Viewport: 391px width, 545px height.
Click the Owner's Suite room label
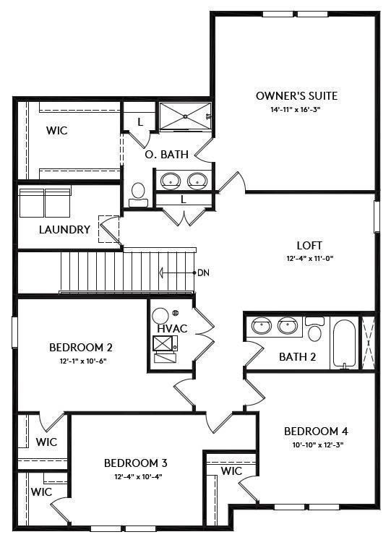[x=296, y=95]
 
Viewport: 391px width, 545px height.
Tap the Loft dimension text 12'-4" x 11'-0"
[x=309, y=258]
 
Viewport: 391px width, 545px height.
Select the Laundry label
[x=64, y=230]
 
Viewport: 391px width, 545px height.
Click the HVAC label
[x=172, y=328]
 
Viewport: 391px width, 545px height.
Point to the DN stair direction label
[x=204, y=272]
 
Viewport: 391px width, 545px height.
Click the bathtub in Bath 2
[x=345, y=343]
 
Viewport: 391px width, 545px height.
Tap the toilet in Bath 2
[x=314, y=330]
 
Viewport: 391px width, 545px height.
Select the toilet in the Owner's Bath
[x=138, y=193]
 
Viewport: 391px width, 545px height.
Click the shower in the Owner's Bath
[x=184, y=116]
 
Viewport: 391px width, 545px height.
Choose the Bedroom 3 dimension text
[x=136, y=476]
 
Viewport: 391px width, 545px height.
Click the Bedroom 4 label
[x=316, y=432]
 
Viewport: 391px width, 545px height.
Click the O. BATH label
[x=166, y=154]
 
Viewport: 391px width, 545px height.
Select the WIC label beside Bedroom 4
[x=231, y=471]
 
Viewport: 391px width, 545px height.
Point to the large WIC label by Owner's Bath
[x=57, y=132]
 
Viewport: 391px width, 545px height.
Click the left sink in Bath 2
[x=262, y=327]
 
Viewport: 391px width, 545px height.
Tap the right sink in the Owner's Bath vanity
[x=196, y=180]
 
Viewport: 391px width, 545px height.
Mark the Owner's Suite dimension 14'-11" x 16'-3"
[x=296, y=110]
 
